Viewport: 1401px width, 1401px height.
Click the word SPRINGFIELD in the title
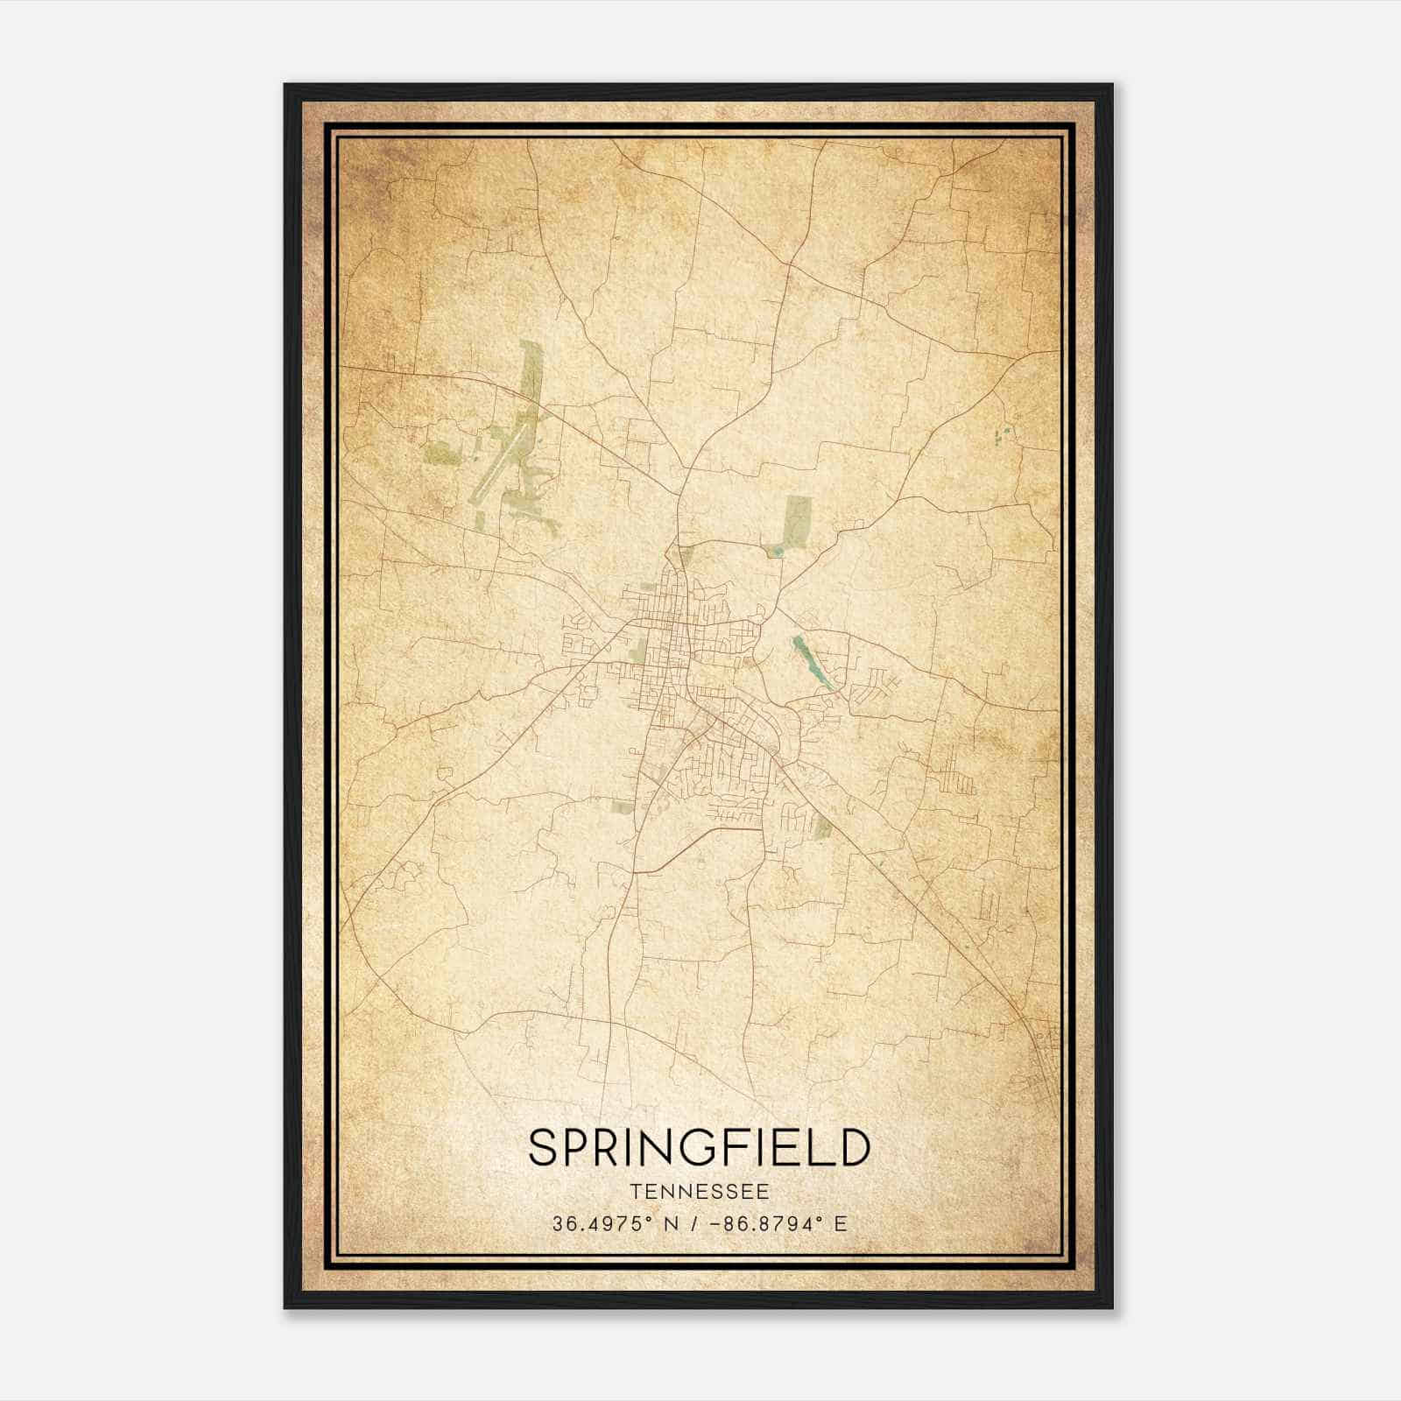click(700, 1148)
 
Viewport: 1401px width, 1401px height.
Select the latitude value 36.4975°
click(602, 1224)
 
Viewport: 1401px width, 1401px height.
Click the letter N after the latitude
click(672, 1224)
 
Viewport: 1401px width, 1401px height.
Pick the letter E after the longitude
click(841, 1224)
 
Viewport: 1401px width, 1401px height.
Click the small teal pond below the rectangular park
click(776, 551)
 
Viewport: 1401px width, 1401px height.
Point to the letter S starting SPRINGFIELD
click(543, 1148)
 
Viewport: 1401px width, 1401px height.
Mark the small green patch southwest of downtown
click(623, 806)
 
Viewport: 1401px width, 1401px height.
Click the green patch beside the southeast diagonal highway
click(823, 825)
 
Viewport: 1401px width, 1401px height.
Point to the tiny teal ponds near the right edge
click(1003, 432)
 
